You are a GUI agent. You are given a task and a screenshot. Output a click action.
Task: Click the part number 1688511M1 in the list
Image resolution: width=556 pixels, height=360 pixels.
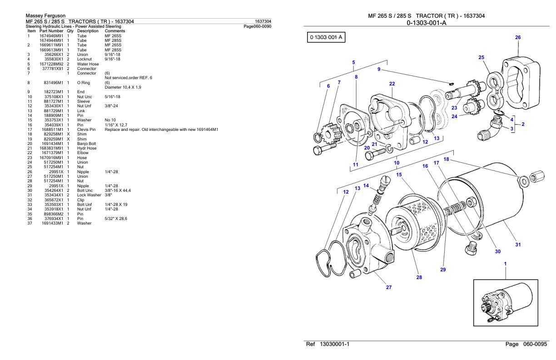(52, 130)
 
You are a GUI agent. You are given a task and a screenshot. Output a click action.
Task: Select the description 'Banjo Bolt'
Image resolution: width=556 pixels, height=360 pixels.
(86, 144)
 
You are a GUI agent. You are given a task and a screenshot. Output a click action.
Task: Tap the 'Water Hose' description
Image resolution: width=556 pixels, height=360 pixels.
(88, 64)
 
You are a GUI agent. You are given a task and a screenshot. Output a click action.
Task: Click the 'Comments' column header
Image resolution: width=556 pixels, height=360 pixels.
(114, 31)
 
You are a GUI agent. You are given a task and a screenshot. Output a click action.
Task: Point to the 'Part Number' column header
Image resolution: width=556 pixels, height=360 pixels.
(51, 31)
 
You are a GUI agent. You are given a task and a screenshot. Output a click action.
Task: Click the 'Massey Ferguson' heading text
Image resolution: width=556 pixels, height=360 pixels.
(45, 15)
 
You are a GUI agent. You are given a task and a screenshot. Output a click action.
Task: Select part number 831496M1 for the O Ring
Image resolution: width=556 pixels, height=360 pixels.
(54, 83)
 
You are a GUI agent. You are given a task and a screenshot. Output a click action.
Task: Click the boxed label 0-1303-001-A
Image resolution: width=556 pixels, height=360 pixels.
(326, 37)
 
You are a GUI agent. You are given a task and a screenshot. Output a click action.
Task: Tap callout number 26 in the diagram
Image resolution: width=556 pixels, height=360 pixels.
(518, 38)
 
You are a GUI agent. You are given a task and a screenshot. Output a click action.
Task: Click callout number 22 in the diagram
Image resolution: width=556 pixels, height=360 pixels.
(392, 84)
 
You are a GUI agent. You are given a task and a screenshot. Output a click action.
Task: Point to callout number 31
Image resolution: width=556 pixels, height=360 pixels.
(518, 245)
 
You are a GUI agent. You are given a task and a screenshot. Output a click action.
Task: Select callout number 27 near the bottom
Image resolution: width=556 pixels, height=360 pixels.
(389, 287)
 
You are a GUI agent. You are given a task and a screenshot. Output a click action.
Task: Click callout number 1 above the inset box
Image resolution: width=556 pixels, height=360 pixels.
(505, 264)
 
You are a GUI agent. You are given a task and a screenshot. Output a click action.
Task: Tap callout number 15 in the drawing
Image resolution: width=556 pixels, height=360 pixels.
(399, 175)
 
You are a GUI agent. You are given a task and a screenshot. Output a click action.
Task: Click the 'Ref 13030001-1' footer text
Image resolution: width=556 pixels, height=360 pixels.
(328, 344)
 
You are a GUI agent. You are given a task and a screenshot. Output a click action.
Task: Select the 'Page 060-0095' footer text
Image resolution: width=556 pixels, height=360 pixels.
(526, 344)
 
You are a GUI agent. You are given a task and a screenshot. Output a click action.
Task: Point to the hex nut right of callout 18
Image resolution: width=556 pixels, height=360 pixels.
(537, 177)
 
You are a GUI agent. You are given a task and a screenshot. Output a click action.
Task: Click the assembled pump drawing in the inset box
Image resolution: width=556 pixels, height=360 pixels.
(506, 304)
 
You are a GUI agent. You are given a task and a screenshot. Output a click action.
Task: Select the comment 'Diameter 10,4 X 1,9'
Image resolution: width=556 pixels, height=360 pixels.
(123, 87)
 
